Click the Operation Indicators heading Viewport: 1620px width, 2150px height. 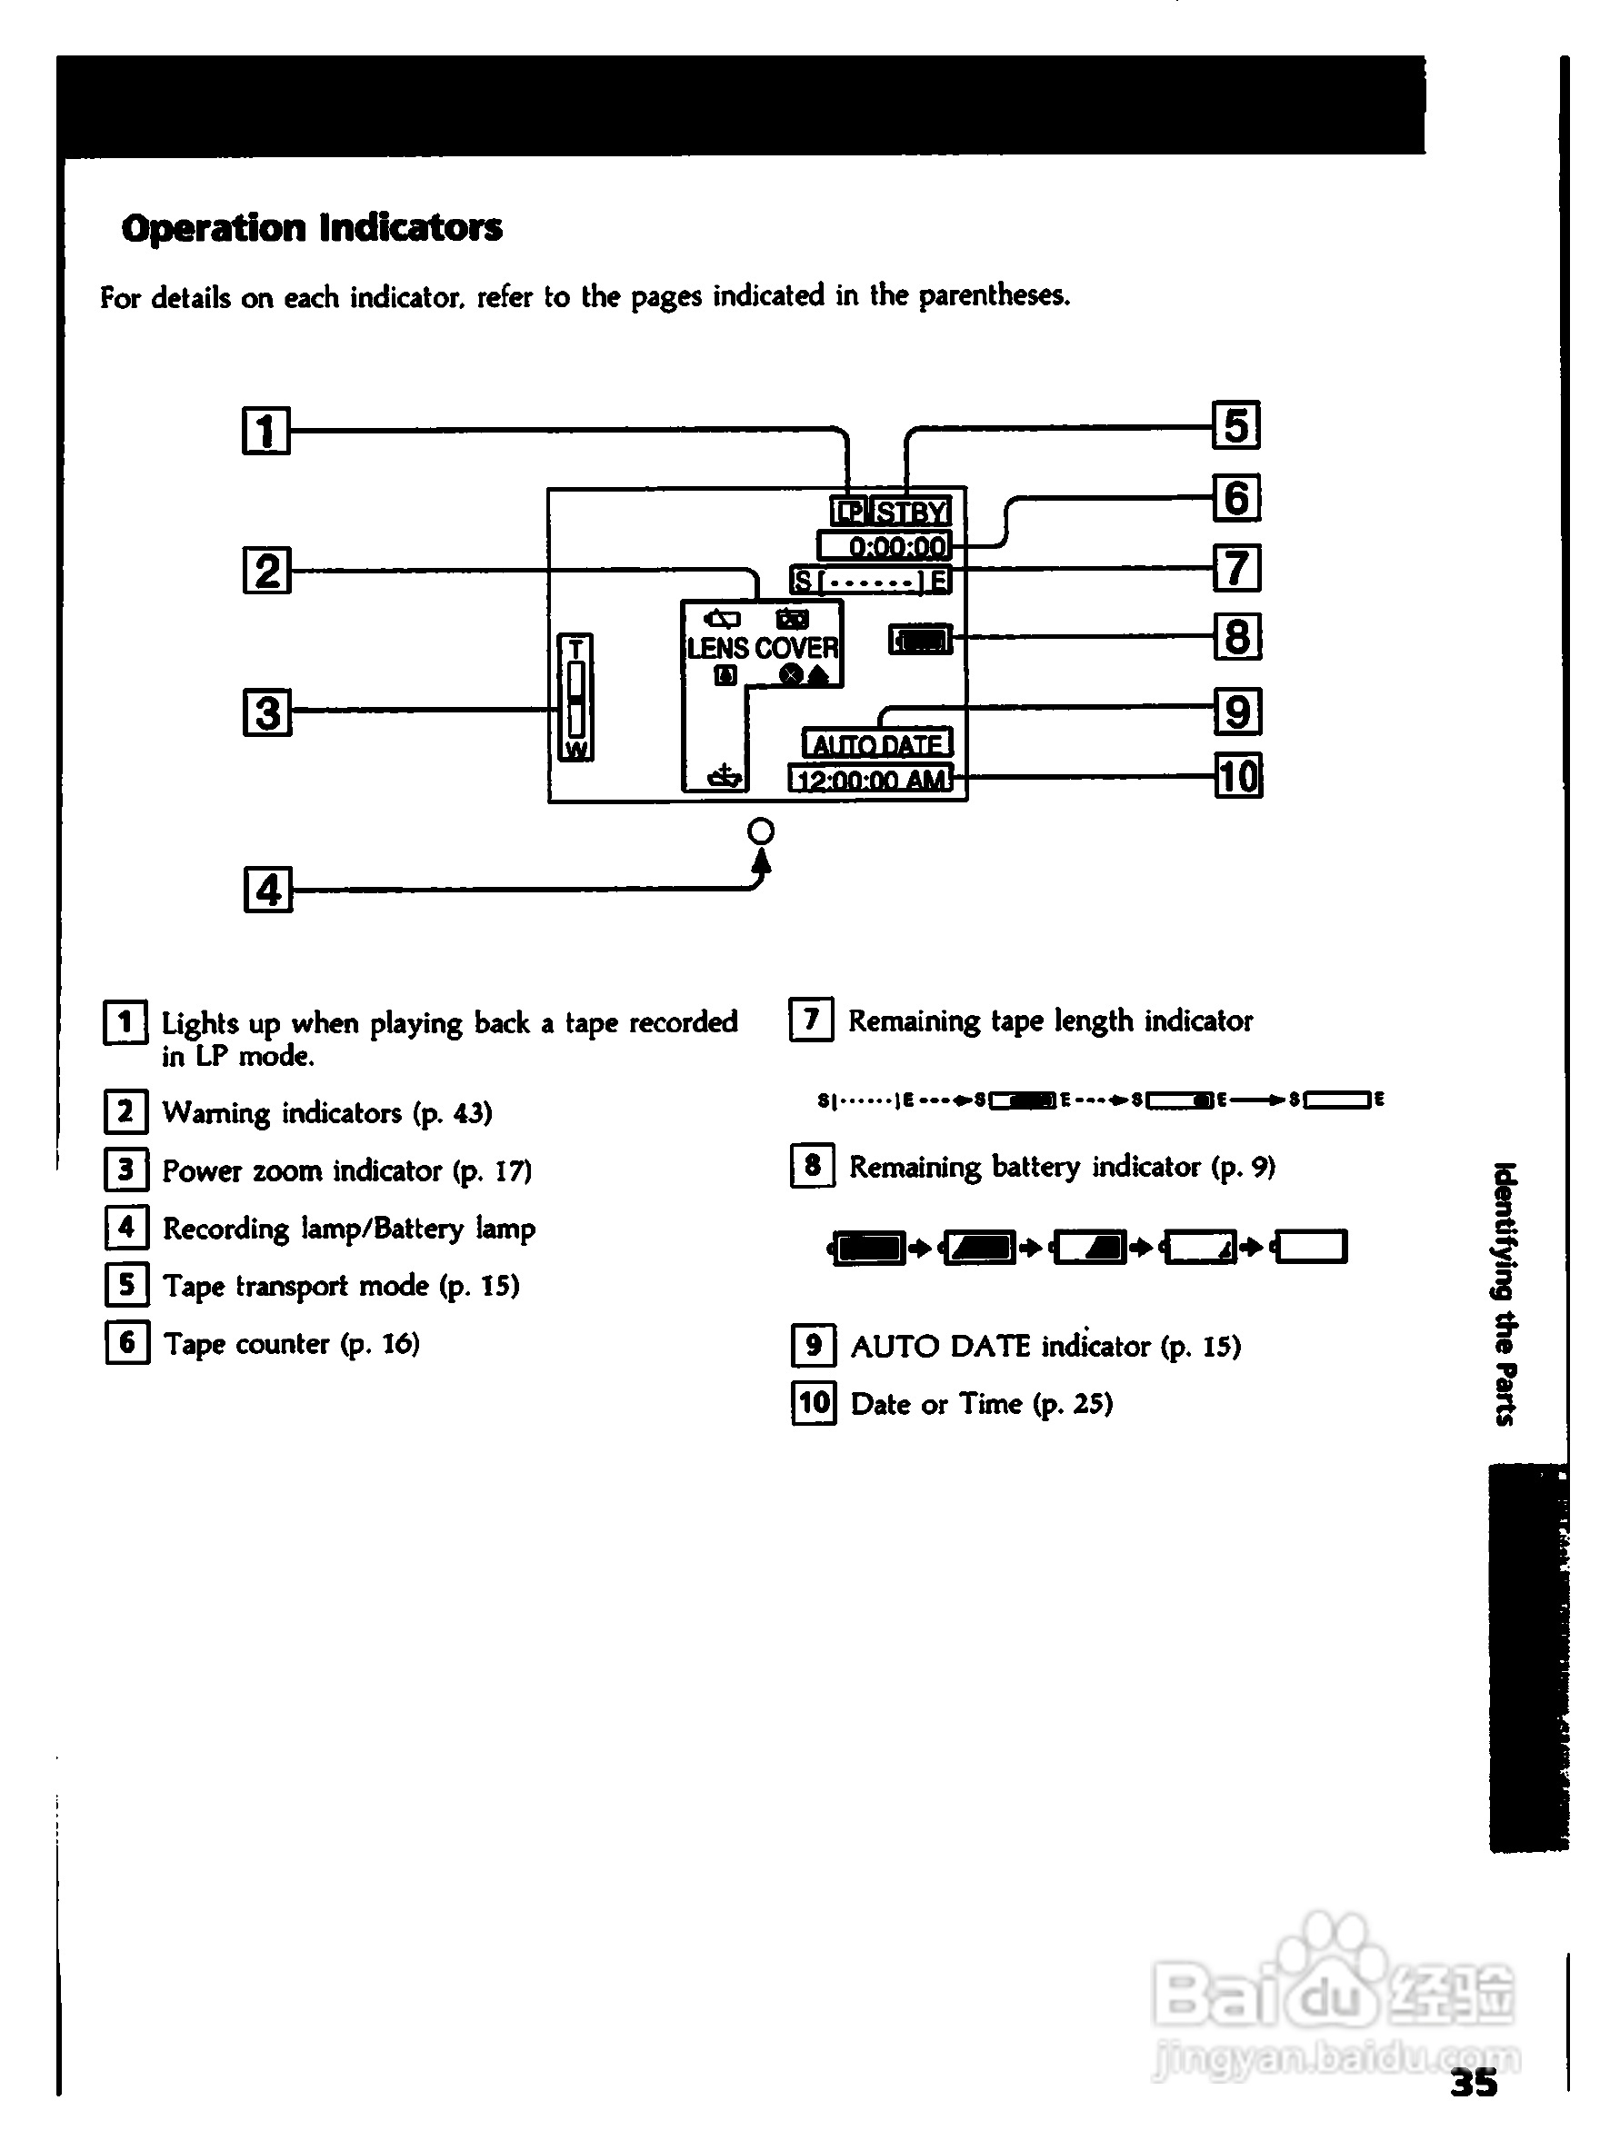(x=311, y=228)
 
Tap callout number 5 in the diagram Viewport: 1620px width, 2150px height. (x=1235, y=425)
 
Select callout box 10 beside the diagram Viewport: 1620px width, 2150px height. (x=1239, y=777)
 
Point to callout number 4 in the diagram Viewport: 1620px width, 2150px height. (x=267, y=890)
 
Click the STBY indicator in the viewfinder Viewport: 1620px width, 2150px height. (x=911, y=513)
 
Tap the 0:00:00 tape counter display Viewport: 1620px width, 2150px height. (x=885, y=546)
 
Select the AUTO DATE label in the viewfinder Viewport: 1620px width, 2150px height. (x=877, y=744)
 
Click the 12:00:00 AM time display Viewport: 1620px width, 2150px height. (x=871, y=780)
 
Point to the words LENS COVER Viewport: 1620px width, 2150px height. (x=763, y=648)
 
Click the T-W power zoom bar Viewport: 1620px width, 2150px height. (x=575, y=698)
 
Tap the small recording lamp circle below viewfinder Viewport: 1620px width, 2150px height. (x=762, y=832)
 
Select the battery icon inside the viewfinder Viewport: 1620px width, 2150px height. (x=921, y=640)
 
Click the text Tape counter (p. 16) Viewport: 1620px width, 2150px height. (x=291, y=1344)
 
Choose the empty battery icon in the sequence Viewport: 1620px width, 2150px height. (x=1310, y=1246)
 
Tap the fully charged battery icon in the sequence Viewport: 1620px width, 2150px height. (x=869, y=1247)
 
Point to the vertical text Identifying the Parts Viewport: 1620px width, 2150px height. (x=1505, y=1294)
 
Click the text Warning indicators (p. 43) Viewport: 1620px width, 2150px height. (x=326, y=1113)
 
